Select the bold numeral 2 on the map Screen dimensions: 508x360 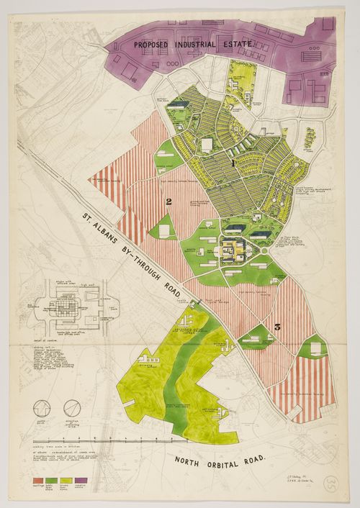[x=168, y=201]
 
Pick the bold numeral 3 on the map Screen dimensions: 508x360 [x=276, y=328]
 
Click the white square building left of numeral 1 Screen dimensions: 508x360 [x=207, y=145]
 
